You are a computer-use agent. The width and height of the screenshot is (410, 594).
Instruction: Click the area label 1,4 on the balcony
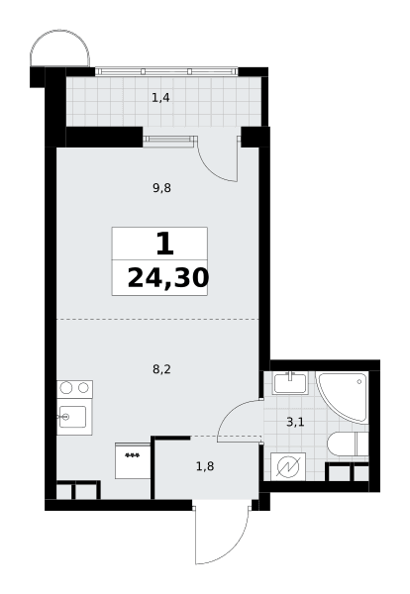160,98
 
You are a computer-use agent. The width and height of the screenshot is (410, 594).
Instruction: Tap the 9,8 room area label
161,187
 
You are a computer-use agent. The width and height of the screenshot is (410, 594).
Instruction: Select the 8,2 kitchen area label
161,369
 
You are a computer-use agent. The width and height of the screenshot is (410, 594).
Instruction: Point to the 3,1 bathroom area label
295,422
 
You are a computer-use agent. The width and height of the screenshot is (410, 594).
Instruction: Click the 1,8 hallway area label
205,466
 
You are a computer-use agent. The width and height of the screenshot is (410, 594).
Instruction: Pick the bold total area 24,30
168,277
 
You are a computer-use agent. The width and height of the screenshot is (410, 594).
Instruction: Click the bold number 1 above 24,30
164,244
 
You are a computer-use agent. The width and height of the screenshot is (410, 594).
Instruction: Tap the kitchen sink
74,417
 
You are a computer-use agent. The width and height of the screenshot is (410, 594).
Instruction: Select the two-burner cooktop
74,389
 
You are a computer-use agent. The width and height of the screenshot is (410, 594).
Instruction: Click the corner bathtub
343,397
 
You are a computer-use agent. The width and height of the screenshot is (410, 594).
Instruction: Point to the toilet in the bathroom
348,444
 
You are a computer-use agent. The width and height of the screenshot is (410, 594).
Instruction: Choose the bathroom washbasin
290,383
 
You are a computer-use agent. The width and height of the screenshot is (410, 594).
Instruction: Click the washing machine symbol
288,466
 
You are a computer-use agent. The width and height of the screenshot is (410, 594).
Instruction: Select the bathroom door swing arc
230,412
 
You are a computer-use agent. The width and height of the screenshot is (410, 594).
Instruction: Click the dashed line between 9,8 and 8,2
157,320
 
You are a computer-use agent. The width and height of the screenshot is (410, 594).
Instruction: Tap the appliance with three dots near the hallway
133,460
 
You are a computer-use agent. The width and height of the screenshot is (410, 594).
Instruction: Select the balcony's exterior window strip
166,71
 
